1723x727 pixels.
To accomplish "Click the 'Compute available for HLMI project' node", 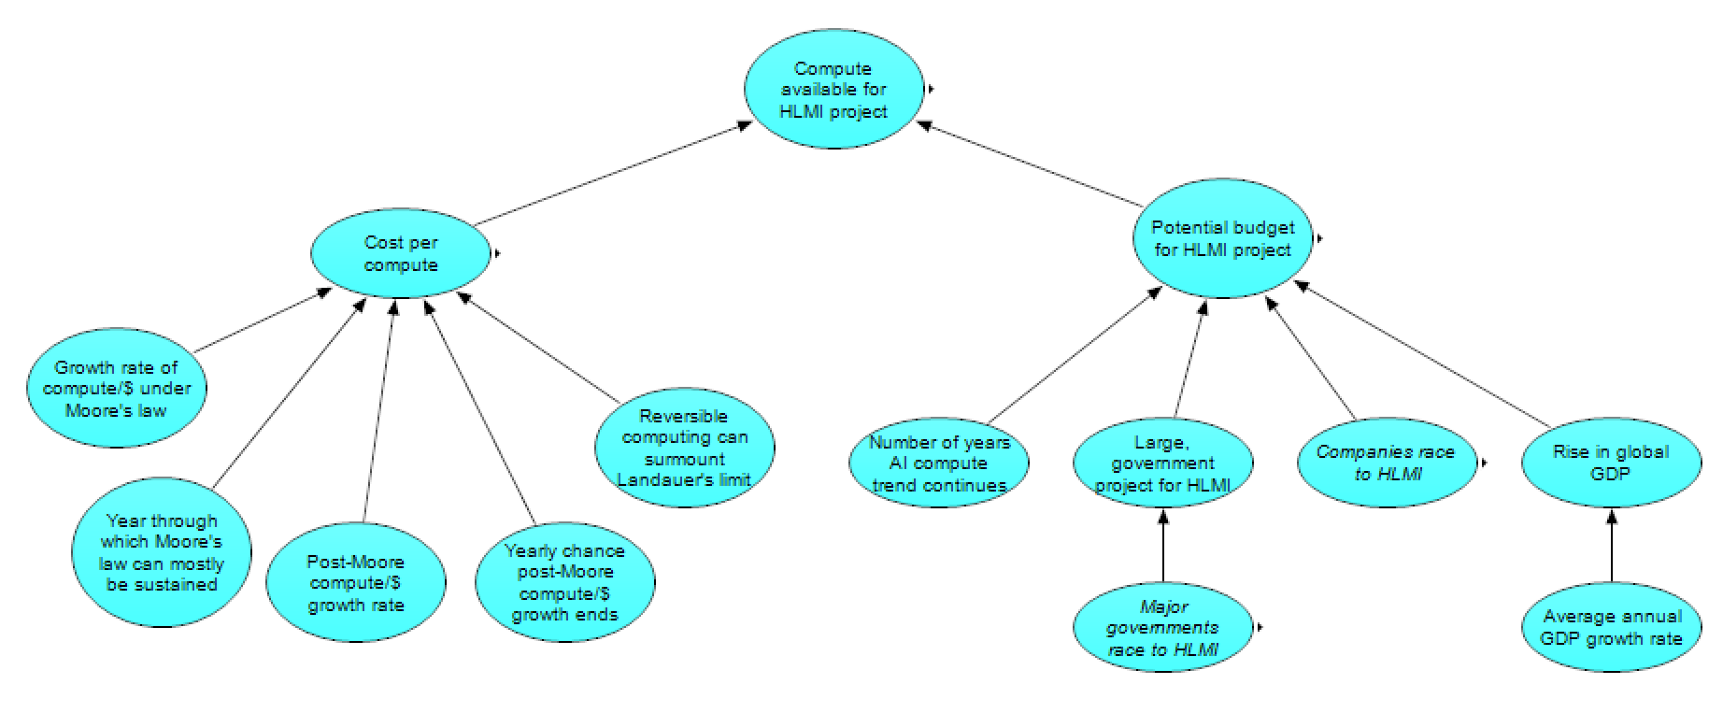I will point(833,90).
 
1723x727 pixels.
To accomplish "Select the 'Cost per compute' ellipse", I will point(401,253).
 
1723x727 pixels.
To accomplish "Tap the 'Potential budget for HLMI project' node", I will point(1222,239).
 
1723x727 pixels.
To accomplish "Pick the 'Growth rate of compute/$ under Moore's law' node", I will point(117,389).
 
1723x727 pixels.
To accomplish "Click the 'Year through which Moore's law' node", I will point(162,553).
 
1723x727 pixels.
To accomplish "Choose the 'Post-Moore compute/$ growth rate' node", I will point(356,583).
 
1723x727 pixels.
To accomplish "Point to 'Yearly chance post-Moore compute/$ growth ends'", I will point(564,583).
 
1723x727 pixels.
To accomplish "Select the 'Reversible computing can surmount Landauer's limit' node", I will point(685,449).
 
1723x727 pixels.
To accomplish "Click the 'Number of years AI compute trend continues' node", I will point(938,463).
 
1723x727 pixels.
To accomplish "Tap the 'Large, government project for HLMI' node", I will point(1162,463).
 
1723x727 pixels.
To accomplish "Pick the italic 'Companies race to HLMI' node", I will point(1386,463).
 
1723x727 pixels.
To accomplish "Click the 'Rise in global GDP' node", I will point(1610,463).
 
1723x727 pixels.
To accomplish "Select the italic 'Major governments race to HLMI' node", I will point(1162,628).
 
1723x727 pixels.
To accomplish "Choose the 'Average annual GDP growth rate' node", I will point(1611,628).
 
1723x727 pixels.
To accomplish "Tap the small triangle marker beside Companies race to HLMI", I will point(1483,463).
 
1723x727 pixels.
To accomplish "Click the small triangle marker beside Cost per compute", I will point(498,252).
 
